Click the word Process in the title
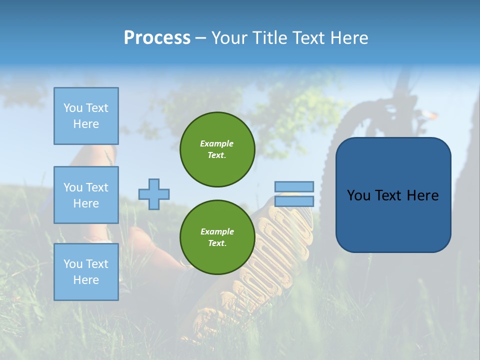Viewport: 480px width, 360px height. (157, 38)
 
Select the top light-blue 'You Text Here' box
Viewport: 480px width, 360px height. (86, 116)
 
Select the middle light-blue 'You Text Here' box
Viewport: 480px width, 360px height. (86, 195)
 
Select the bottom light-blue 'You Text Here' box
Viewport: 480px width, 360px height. (86, 272)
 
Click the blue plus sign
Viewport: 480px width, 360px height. (154, 194)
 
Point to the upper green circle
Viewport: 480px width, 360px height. (217, 149)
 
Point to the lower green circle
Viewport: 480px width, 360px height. (217, 237)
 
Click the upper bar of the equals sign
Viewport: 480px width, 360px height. (294, 186)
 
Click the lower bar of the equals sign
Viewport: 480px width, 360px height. (294, 201)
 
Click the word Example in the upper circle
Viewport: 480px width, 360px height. (217, 143)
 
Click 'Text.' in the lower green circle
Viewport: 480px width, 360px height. (217, 243)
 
